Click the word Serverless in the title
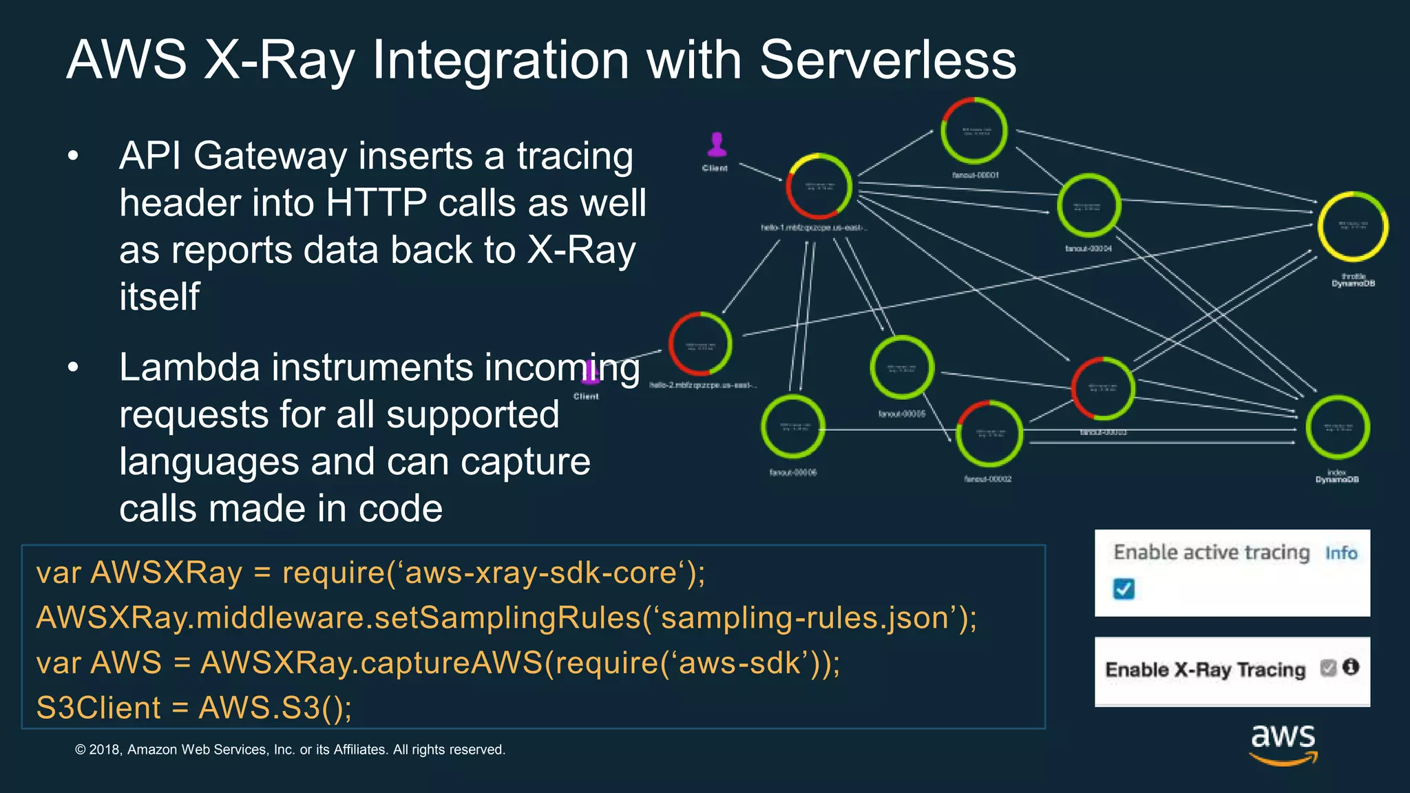pyautogui.click(x=887, y=60)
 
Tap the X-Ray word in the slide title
pyautogui.click(x=279, y=60)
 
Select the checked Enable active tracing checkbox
pyautogui.click(x=1124, y=589)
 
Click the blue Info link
pyautogui.click(x=1340, y=553)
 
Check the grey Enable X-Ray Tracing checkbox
pyautogui.click(x=1328, y=667)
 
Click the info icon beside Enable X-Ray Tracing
pyautogui.click(x=1351, y=666)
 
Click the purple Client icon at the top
pyautogui.click(x=717, y=145)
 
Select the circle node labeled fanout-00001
pyautogui.click(x=974, y=131)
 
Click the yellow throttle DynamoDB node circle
pyautogui.click(x=1352, y=226)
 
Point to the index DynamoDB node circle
pyautogui.click(x=1337, y=427)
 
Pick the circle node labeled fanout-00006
pyautogui.click(x=792, y=427)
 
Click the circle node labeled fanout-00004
pyautogui.click(x=1088, y=206)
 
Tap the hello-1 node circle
pyautogui.click(x=819, y=187)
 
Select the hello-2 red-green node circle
pyautogui.click(x=700, y=344)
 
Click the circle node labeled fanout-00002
pyautogui.click(x=989, y=434)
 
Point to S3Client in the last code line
pyautogui.click(x=98, y=708)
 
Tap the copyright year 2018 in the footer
pyautogui.click(x=105, y=750)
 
